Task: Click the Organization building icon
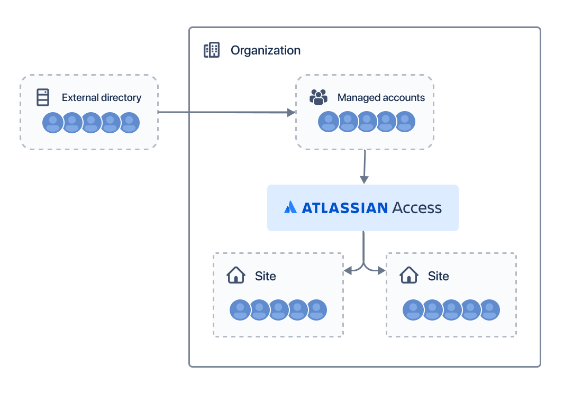tap(212, 50)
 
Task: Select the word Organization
tap(266, 51)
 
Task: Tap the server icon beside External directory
tap(43, 97)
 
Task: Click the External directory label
tap(102, 98)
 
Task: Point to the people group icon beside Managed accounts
tap(319, 97)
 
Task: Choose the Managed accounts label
tap(381, 98)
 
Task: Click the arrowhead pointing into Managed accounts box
tap(291, 113)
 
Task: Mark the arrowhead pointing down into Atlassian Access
tap(364, 180)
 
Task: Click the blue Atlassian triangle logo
tap(290, 207)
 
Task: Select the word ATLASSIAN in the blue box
tap(345, 208)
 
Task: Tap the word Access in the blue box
tap(417, 208)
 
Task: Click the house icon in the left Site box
tap(236, 275)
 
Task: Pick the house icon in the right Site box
tap(409, 275)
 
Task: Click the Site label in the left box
tap(266, 276)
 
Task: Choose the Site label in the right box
tap(439, 276)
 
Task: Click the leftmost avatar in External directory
tap(52, 123)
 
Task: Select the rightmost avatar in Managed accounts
tap(405, 122)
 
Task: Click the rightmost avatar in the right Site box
tap(490, 310)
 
